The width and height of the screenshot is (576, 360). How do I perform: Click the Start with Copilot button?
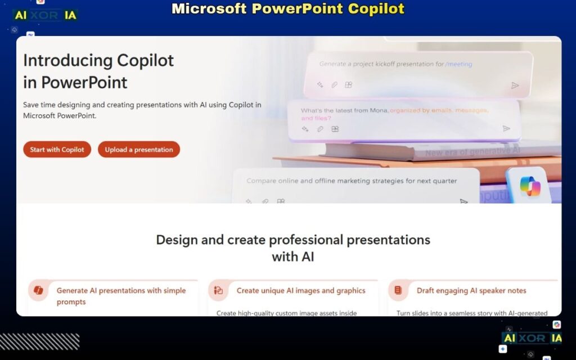(57, 150)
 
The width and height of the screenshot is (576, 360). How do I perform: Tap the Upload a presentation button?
(139, 150)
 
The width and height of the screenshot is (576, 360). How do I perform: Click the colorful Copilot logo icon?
(529, 187)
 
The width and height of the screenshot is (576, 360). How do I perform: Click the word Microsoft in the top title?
(208, 9)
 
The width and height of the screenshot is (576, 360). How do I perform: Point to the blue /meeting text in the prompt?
(458, 64)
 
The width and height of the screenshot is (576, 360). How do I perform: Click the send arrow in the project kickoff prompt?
(515, 85)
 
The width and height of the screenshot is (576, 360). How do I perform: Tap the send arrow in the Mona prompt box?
(506, 129)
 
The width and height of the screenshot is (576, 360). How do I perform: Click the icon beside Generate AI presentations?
(38, 291)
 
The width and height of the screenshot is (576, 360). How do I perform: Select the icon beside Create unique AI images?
(218, 291)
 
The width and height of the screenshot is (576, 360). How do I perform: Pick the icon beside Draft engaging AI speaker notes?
(398, 291)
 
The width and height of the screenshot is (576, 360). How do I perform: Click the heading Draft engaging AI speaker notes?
(471, 291)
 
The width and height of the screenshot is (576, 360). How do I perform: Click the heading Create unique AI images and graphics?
(301, 291)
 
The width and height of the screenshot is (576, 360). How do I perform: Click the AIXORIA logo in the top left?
(45, 16)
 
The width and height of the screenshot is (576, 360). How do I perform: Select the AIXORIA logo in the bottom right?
(532, 338)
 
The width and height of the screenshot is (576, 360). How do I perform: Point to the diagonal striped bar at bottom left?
(39, 341)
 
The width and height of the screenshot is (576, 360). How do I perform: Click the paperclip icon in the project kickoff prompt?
(334, 85)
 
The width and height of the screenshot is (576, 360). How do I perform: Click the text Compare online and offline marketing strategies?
(352, 181)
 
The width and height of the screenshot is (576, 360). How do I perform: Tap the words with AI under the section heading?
(292, 257)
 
